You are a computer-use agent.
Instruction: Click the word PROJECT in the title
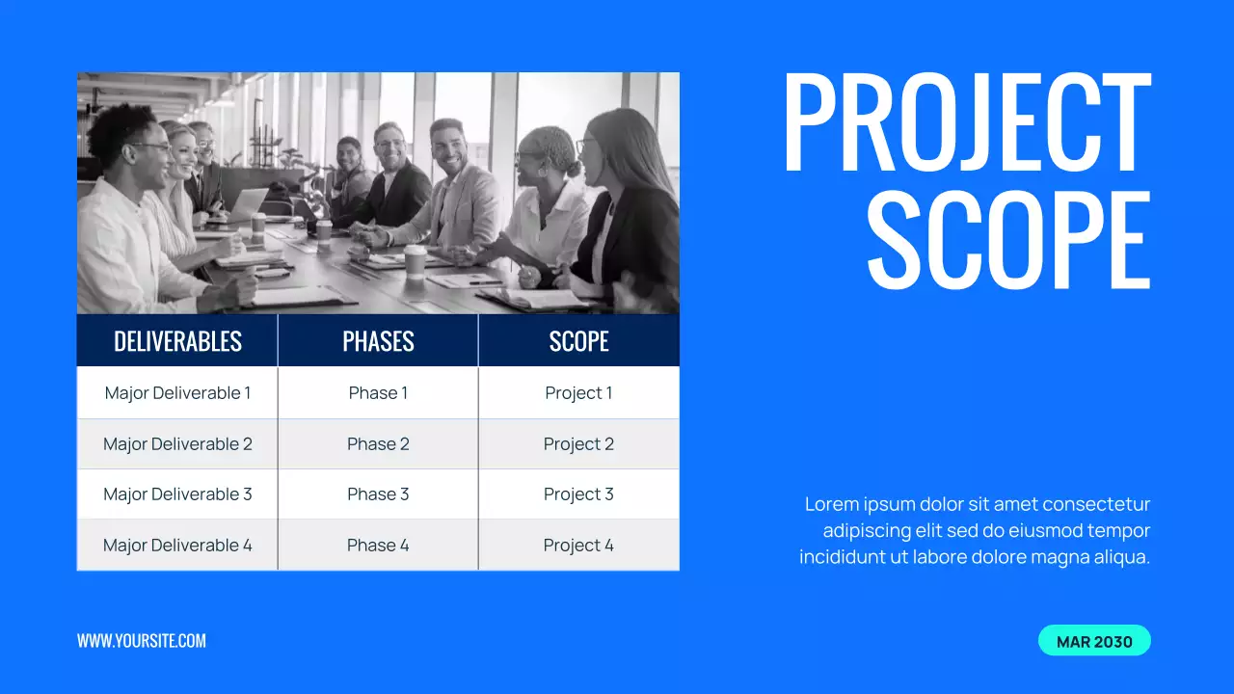(x=966, y=122)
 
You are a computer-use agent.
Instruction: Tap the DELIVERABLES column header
(x=177, y=341)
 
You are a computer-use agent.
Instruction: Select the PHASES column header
(x=378, y=341)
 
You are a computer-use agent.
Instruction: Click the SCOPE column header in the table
(x=578, y=341)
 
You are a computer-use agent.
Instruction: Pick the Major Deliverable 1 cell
(x=177, y=393)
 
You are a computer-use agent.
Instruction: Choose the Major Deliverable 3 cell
(x=177, y=494)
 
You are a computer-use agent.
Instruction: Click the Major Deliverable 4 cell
(x=177, y=546)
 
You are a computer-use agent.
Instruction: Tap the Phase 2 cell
(x=378, y=444)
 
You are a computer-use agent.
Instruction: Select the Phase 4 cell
(x=378, y=546)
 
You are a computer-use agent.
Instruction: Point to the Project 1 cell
(x=578, y=393)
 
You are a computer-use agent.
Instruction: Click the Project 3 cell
(x=578, y=494)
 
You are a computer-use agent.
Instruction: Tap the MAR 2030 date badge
(x=1094, y=641)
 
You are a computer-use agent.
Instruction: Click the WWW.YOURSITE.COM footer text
(x=142, y=641)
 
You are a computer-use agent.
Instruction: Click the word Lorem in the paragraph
(x=830, y=504)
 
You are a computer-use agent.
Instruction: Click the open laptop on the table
(x=248, y=203)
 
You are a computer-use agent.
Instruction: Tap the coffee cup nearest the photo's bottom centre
(x=416, y=261)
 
